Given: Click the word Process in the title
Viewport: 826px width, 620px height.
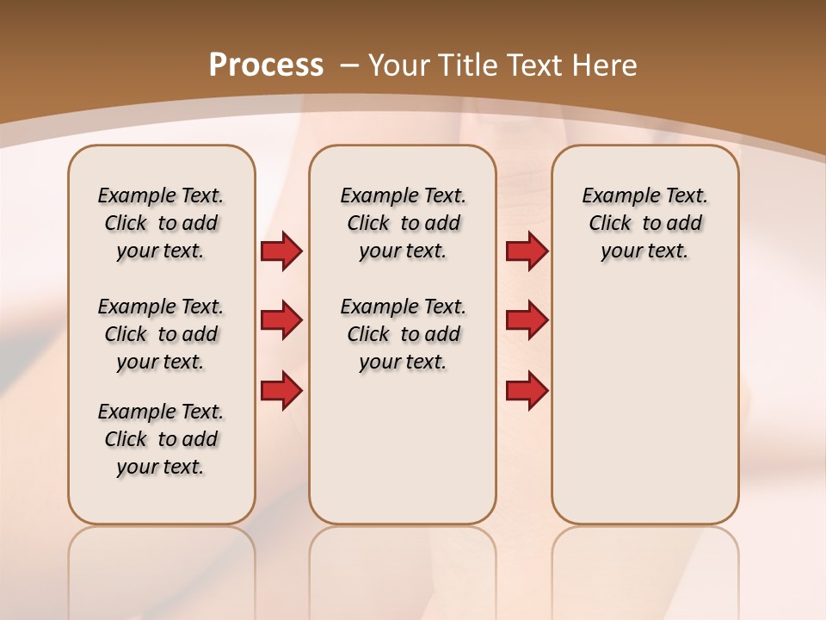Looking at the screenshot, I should point(266,65).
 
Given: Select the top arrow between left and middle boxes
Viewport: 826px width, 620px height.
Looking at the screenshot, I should point(281,251).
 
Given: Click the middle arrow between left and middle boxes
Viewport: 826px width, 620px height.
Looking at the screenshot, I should point(281,320).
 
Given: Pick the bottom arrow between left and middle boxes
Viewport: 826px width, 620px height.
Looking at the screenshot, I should point(281,390).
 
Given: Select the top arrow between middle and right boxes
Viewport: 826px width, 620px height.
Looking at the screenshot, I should point(527,251).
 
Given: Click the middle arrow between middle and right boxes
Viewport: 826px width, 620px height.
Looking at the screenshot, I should point(527,320).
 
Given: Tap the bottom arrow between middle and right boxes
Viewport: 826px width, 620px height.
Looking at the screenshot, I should point(527,390).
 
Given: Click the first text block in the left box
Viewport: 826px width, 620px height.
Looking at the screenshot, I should point(161,223).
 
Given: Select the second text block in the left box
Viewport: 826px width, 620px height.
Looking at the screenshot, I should point(161,334).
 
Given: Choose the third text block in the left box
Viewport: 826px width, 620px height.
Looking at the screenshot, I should point(161,439).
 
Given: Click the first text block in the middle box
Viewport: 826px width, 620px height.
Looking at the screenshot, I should point(403,223).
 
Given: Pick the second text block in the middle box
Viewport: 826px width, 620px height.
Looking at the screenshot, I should point(403,334).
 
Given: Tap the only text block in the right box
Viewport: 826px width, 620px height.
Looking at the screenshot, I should point(644,223).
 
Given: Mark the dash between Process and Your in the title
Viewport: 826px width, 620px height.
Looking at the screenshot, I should point(349,65).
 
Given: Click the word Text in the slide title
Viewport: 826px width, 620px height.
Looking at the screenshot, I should point(538,65).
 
